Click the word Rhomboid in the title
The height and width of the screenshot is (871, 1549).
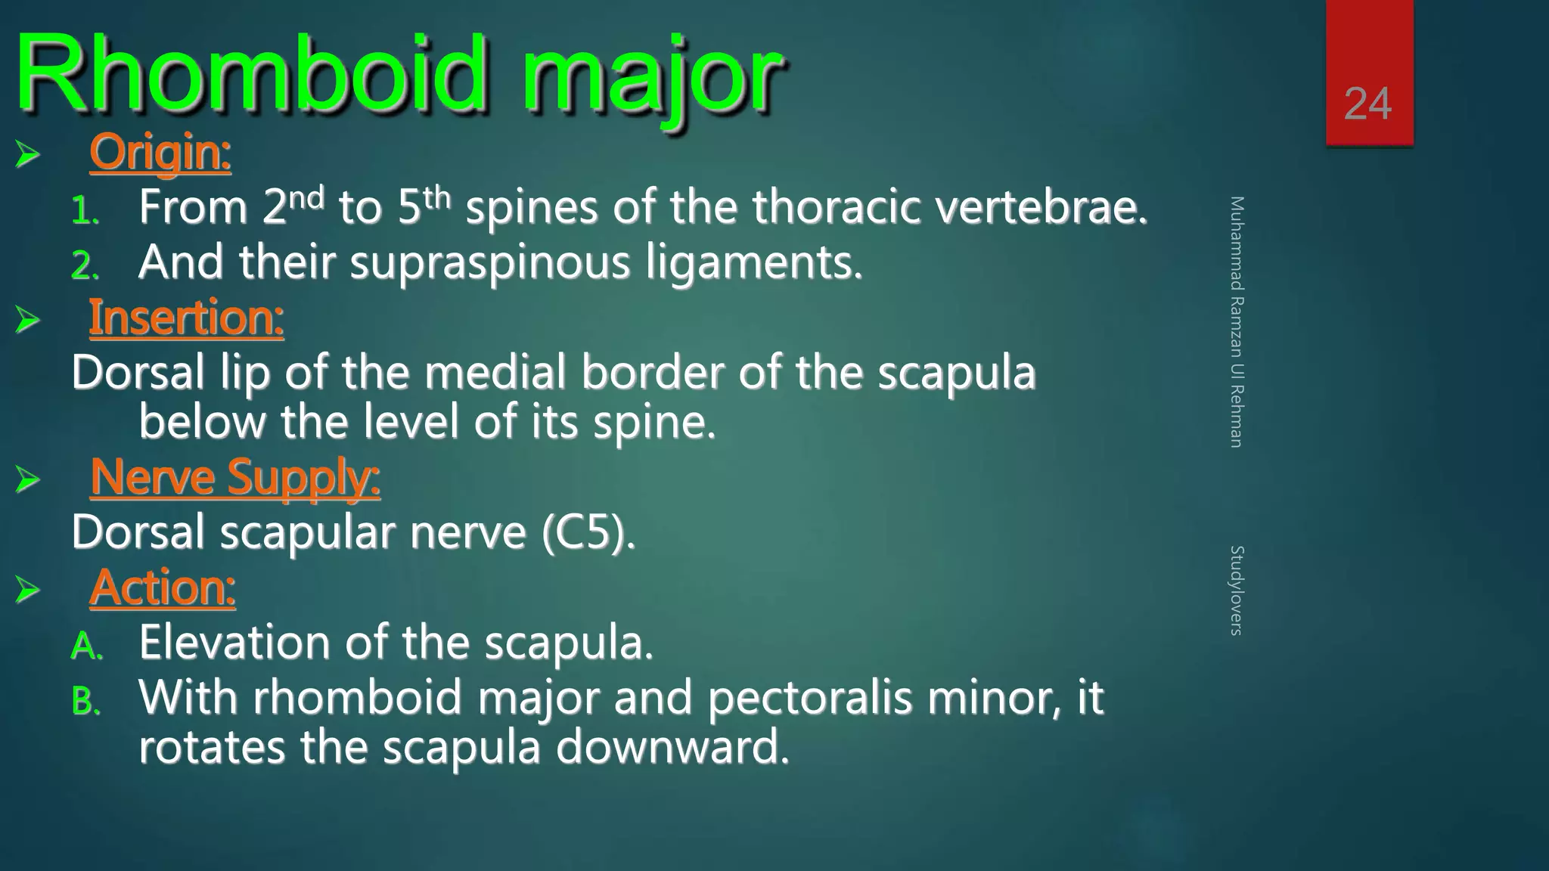pos(250,76)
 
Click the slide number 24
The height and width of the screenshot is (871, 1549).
pos(1367,104)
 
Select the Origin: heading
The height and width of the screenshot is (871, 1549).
pos(160,152)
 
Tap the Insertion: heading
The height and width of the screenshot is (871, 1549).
pos(186,318)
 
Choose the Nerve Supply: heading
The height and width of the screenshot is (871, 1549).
pos(234,478)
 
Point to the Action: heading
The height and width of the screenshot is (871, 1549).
pos(163,587)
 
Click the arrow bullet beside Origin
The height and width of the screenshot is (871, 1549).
pos(27,154)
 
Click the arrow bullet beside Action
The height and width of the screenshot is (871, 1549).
pos(27,589)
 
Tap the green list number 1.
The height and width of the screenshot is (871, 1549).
pos(85,211)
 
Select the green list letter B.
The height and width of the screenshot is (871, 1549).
pos(85,702)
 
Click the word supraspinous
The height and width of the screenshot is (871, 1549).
pos(490,263)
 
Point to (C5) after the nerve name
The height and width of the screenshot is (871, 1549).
pos(588,532)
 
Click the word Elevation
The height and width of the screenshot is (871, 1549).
pos(234,643)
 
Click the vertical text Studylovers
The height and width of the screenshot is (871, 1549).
pos(1236,590)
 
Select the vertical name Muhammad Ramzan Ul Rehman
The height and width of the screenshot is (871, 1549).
pos(1236,321)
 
